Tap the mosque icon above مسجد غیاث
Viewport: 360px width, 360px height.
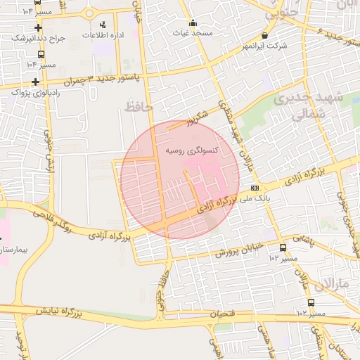tap(193, 22)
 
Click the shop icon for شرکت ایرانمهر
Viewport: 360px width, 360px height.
tap(264, 34)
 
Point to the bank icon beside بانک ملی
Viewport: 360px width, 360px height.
tap(254, 188)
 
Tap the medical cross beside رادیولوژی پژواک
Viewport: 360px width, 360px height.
tap(35, 81)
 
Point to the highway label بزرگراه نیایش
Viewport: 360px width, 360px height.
tap(56, 309)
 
